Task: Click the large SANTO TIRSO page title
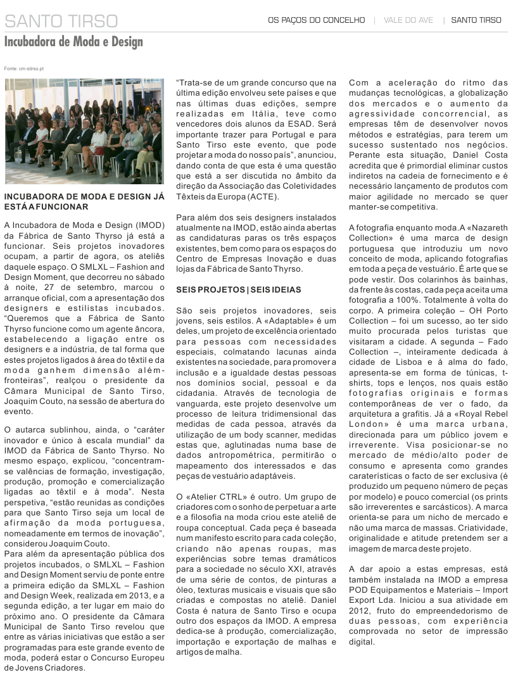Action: pos(61,21)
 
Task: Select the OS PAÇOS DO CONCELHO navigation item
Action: pos(316,20)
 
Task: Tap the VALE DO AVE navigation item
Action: pos(408,20)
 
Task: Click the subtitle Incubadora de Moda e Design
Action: pos(73,42)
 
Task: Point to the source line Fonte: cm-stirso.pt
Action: pos(23,68)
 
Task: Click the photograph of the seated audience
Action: pos(84,130)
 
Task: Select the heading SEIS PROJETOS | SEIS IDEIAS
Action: pos(239,289)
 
